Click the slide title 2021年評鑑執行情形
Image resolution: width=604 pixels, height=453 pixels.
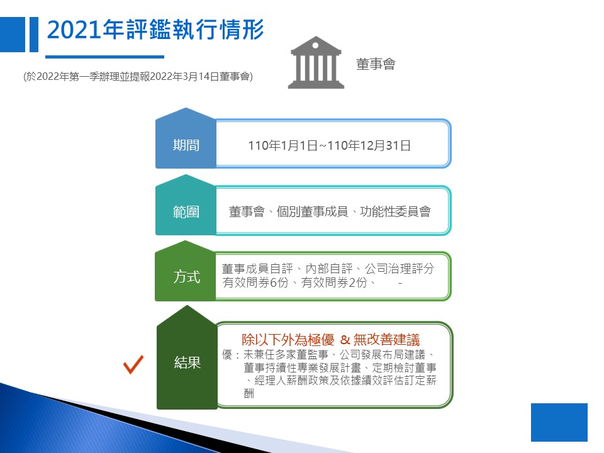click(155, 30)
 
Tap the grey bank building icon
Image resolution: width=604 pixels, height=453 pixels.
click(316, 62)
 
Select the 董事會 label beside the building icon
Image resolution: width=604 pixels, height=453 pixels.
click(376, 64)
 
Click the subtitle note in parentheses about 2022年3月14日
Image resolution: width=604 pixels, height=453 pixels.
click(138, 76)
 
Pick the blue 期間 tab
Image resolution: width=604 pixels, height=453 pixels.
click(186, 138)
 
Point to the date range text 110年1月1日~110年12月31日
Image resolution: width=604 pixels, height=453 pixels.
click(329, 145)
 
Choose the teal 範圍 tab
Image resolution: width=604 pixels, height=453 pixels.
click(186, 205)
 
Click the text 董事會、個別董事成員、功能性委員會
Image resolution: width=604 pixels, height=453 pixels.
click(330, 211)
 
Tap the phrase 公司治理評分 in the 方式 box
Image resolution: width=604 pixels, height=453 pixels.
click(400, 269)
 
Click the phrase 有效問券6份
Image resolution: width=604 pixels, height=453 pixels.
click(255, 282)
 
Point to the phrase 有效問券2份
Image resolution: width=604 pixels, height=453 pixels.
click(334, 282)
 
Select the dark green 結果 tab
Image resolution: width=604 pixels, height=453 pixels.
click(187, 358)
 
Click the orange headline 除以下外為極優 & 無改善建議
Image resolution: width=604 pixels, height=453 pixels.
click(330, 340)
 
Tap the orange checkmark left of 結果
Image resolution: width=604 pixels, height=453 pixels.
click(133, 364)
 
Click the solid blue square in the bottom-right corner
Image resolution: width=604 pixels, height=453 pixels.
click(559, 422)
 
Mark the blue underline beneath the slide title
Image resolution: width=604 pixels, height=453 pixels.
click(105, 57)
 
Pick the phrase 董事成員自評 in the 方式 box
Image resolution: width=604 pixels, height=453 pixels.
click(257, 269)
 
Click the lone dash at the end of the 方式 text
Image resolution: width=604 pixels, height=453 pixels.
click(401, 284)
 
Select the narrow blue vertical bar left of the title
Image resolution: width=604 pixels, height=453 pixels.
click(34, 34)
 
